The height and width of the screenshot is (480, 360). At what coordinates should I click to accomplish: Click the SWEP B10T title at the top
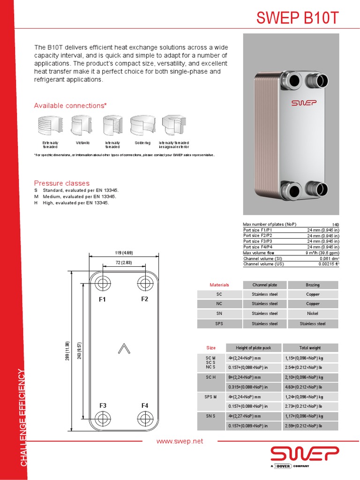click(x=297, y=18)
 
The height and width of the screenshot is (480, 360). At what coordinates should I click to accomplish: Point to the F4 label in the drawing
click(x=145, y=405)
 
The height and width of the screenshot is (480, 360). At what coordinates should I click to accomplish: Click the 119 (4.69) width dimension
click(x=124, y=253)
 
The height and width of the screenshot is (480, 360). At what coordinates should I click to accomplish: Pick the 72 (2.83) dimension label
click(x=124, y=263)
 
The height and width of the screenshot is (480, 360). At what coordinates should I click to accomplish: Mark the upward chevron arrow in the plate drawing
click(x=124, y=348)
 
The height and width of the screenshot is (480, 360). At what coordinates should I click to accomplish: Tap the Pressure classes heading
click(x=61, y=183)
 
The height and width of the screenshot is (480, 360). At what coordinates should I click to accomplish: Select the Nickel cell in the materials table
click(x=313, y=314)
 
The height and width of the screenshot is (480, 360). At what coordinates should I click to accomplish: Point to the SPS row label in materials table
click(x=219, y=323)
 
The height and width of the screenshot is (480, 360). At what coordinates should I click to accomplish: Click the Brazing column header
click(x=313, y=285)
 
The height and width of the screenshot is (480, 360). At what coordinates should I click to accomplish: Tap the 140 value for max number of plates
click(x=335, y=225)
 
